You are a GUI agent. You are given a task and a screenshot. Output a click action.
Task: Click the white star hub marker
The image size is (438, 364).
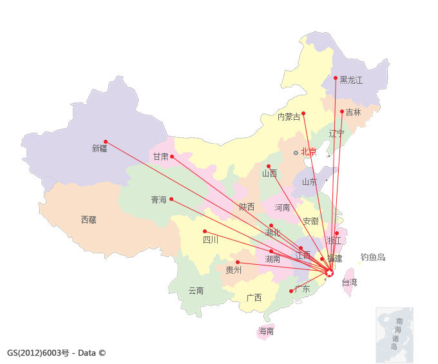[x=329, y=273]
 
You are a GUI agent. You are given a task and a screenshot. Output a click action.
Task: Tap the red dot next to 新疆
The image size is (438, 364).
[x=106, y=142]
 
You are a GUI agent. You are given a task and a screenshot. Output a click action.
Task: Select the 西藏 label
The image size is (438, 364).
[x=89, y=220]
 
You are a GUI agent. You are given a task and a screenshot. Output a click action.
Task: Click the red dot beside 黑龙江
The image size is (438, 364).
[x=336, y=78]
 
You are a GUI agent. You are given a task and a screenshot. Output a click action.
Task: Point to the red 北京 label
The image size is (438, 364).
[x=309, y=153]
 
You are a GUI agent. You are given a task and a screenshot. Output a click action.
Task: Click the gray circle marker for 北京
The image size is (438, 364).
[x=296, y=153]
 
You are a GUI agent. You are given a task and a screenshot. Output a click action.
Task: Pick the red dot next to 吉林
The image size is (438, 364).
[x=342, y=111]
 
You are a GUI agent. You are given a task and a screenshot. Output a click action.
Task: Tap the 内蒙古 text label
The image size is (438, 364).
[x=289, y=117]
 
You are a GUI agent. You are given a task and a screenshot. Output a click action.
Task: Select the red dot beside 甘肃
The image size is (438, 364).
[x=171, y=156]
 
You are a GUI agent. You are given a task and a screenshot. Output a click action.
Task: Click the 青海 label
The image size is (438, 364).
[x=158, y=200]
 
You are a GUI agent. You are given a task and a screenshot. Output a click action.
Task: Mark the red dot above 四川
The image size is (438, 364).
[x=205, y=231]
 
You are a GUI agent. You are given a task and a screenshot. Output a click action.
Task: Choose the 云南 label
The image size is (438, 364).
[x=196, y=291]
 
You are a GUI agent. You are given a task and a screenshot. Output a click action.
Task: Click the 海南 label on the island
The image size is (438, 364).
[x=266, y=332]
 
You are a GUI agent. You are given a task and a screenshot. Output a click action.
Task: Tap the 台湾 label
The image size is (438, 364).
[x=349, y=282]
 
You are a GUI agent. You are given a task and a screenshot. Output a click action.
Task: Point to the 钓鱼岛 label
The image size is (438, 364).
[x=373, y=257]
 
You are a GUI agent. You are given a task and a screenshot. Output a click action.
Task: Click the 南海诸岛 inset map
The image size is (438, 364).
[x=394, y=334]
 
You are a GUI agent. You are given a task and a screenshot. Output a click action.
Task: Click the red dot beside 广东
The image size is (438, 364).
[x=291, y=291]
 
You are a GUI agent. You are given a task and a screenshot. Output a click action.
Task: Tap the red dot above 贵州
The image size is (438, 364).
[x=238, y=262]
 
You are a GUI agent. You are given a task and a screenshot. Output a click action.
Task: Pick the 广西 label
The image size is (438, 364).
[x=254, y=298]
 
